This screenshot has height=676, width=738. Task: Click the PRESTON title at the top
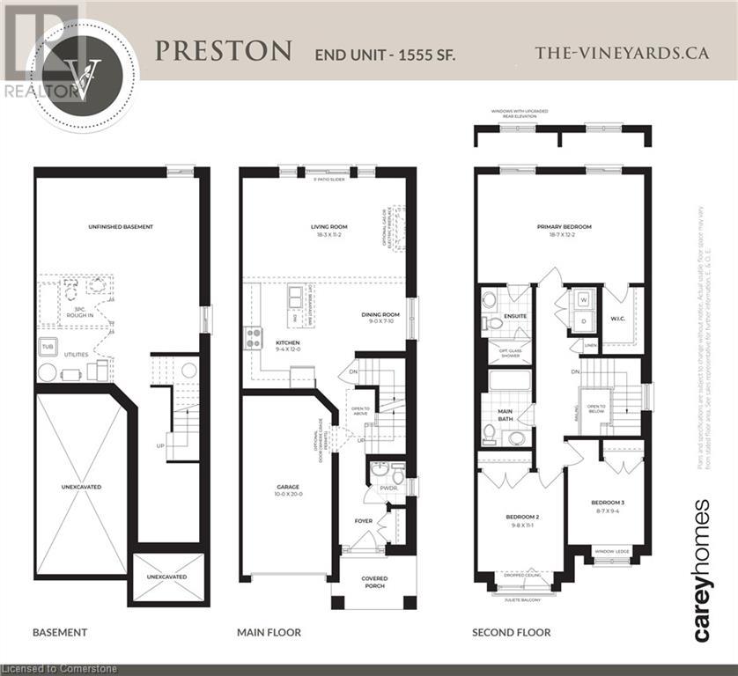tap(223, 51)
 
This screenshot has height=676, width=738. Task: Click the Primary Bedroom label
tap(564, 227)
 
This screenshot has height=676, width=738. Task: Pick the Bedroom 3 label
tap(609, 502)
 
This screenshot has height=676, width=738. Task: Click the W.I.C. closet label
tap(619, 320)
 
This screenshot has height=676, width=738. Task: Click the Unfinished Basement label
tap(121, 227)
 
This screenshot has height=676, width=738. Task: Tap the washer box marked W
tap(582, 298)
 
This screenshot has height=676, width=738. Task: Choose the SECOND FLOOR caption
tap(511, 632)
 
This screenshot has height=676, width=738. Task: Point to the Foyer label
tap(362, 520)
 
